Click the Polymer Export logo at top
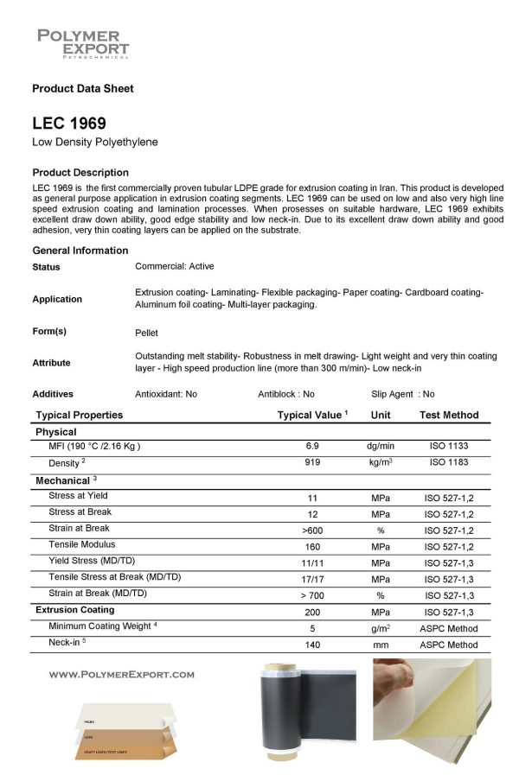pos(83,43)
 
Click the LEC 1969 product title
pos(69,123)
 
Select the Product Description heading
pos(80,172)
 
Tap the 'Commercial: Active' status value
pos(175,266)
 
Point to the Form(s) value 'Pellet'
pos(147,332)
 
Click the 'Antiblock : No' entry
pos(286,394)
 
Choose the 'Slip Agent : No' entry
pos(403,394)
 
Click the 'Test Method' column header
pos(449,415)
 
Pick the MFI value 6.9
pos(312,447)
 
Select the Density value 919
pos(312,464)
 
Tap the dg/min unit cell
pos(381,447)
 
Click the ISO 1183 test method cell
pos(449,464)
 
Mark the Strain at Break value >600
pos(312,529)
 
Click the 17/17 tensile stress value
pos(312,579)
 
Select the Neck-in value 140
pos(312,645)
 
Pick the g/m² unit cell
pos(381,628)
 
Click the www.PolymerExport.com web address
pos(122,674)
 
